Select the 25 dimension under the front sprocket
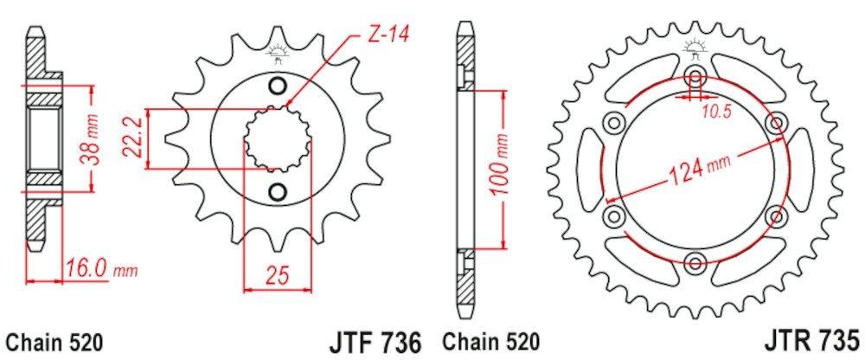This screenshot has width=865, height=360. (x=278, y=276)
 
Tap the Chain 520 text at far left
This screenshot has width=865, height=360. (x=53, y=339)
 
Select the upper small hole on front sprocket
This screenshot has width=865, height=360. (x=278, y=85)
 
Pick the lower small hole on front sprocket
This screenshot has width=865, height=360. (x=278, y=190)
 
